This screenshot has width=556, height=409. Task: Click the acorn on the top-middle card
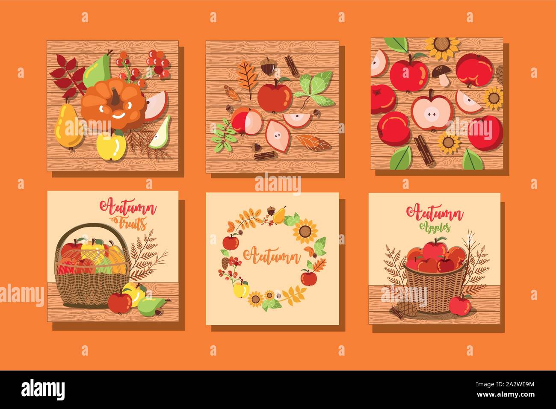(266, 67)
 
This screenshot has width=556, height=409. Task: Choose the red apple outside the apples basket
(460, 305)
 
